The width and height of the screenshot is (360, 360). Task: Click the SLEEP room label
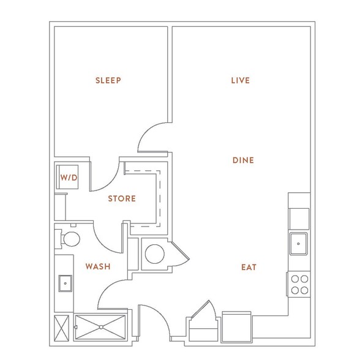(x=108, y=80)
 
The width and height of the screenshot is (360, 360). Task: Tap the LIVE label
(x=241, y=80)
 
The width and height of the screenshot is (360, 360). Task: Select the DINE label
(x=243, y=160)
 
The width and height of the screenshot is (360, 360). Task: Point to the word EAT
(x=249, y=267)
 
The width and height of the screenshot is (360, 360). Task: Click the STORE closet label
(x=122, y=198)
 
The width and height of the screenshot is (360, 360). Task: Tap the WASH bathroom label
(x=98, y=266)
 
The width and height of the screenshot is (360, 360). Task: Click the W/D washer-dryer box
(x=67, y=177)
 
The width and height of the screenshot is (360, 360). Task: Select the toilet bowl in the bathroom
(x=72, y=239)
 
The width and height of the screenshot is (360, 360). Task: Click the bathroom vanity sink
(x=65, y=283)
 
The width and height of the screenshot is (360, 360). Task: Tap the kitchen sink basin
(x=299, y=244)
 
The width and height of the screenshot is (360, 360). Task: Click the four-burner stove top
(x=299, y=285)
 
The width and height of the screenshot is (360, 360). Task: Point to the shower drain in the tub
(x=101, y=327)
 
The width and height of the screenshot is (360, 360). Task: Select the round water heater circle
(x=155, y=254)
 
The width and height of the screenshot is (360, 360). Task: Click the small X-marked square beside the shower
(x=61, y=328)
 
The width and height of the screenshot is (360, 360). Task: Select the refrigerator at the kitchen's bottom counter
(x=237, y=327)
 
